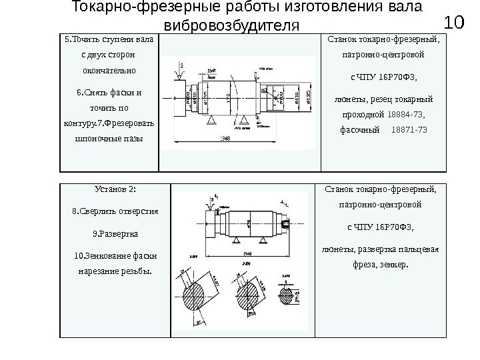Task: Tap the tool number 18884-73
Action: coord(406,114)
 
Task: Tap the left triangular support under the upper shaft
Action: coord(211,119)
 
